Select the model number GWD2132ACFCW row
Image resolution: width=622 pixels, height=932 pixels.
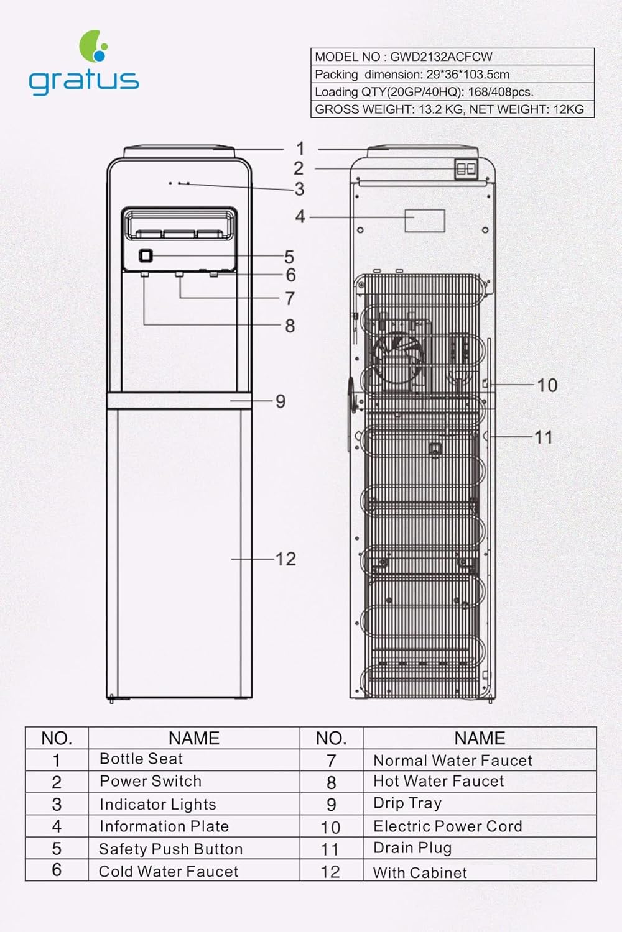pyautogui.click(x=452, y=57)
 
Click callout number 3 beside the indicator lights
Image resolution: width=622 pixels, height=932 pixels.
pyautogui.click(x=299, y=189)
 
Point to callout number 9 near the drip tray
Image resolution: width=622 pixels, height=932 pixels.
pyautogui.click(x=281, y=401)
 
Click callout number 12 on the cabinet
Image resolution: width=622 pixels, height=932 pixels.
pyautogui.click(x=285, y=559)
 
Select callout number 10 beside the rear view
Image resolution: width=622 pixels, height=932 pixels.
pyautogui.click(x=547, y=385)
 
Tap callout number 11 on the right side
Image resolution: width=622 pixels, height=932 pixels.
pyautogui.click(x=543, y=437)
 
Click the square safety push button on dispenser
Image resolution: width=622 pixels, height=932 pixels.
pyautogui.click(x=146, y=255)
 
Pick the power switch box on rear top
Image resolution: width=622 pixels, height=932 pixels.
pyautogui.click(x=465, y=169)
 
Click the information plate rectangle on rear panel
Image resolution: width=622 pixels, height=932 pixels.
pyautogui.click(x=425, y=221)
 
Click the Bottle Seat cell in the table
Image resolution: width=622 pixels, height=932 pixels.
pyautogui.click(x=141, y=759)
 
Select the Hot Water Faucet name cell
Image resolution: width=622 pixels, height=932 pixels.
pyautogui.click(x=439, y=781)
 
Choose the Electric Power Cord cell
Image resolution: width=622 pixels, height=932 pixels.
pyautogui.click(x=447, y=826)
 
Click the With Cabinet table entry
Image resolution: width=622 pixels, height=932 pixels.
pyautogui.click(x=420, y=872)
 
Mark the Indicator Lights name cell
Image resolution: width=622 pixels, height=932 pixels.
pyautogui.click(x=157, y=804)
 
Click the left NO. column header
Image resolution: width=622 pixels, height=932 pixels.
pyautogui.click(x=57, y=738)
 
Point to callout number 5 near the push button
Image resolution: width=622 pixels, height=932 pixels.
pyautogui.click(x=289, y=257)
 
